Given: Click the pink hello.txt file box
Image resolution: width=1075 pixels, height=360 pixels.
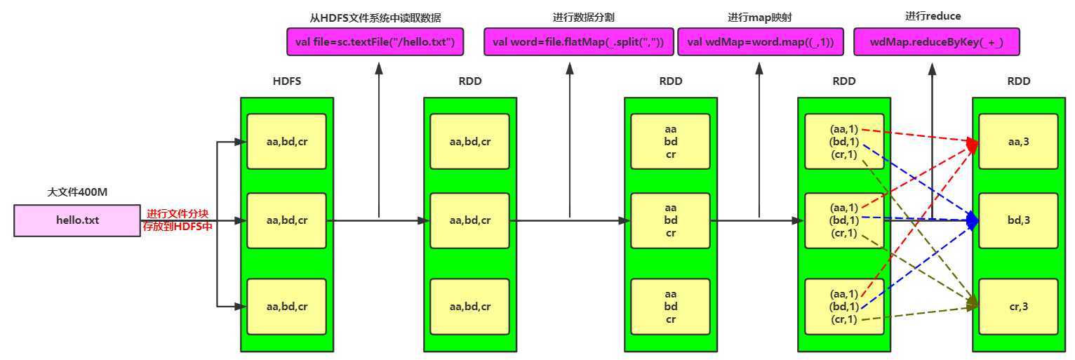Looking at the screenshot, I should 77,220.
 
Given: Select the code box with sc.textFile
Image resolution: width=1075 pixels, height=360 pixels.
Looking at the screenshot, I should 375,42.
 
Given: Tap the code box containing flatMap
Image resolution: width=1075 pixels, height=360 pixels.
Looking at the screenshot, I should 579,42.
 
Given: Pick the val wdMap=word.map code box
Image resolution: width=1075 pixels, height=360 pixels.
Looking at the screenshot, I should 760,42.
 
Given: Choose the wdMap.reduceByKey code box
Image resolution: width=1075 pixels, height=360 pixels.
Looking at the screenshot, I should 936,42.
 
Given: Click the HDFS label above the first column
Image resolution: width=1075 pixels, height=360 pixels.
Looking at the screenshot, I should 286,81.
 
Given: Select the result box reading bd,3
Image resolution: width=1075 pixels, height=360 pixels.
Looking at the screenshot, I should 1017,220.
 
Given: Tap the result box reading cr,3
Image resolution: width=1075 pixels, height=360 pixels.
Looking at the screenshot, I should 1017,307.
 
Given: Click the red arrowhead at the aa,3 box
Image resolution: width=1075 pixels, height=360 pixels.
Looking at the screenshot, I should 973,144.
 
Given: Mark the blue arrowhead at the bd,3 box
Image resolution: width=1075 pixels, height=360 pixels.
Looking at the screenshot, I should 973,220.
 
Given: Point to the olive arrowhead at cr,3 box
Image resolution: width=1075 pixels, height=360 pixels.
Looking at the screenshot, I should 973,304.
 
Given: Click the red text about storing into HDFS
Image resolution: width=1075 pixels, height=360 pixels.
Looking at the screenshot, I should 179,220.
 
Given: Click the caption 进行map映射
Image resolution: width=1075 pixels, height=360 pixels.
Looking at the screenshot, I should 760,17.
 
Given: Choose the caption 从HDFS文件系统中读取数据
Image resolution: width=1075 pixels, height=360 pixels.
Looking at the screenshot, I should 375,17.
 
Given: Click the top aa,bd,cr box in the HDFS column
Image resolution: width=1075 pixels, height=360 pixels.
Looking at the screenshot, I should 286,142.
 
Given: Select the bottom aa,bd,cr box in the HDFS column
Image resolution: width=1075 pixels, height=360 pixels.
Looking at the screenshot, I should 286,307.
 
